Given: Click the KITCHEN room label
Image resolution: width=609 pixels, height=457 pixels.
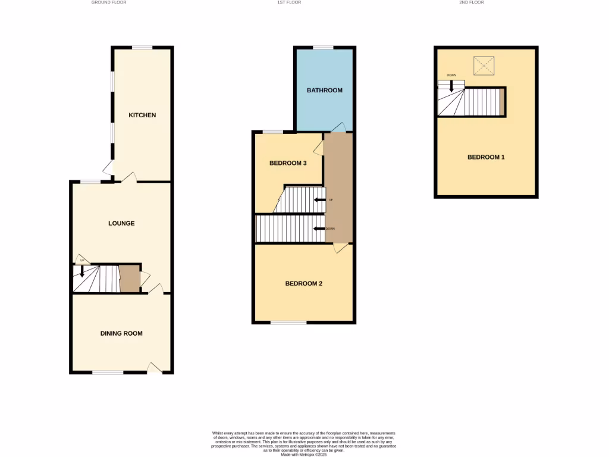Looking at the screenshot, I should click(142, 115).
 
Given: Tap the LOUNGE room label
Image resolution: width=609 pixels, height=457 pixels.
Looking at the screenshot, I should click(121, 223).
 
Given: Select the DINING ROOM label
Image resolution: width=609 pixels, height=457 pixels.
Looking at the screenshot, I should click(121, 333).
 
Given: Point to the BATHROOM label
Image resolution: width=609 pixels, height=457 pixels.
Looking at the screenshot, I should click(325, 90).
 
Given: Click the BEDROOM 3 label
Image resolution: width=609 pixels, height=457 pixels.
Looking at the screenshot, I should click(288, 163).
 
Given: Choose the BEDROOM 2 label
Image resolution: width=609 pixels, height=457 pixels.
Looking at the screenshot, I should click(304, 283).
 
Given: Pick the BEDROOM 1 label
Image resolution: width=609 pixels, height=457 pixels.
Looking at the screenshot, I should click(486, 157).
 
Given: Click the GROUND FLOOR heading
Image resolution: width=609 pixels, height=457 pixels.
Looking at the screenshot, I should click(109, 2).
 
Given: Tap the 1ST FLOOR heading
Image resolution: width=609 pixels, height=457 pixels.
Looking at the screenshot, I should click(289, 2).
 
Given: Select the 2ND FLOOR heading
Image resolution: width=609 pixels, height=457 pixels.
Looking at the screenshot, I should click(471, 2).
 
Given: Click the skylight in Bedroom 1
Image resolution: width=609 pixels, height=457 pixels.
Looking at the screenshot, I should click(484, 65).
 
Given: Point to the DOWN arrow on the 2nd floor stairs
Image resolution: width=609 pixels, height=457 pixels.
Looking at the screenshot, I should click(451, 85).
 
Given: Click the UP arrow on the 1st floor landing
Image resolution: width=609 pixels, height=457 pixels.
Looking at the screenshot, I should click(319, 200).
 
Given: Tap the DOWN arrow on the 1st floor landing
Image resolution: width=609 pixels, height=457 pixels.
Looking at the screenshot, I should click(319, 228).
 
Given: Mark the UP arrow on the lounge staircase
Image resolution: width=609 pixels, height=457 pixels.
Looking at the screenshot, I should click(81, 271).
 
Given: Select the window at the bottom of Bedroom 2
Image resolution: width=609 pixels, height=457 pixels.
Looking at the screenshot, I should click(288, 323).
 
